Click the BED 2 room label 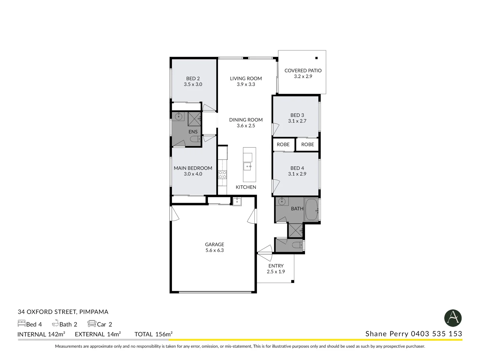coord(193,79)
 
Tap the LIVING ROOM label coord(246,78)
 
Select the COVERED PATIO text coord(303,70)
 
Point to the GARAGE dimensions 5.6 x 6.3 coord(214,250)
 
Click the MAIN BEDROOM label coord(193,168)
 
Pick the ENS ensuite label coord(193,132)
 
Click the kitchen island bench coord(249,164)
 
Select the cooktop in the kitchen coord(222,175)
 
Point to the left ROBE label coord(283,144)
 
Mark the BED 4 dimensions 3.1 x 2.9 coord(297,174)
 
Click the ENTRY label coord(276,266)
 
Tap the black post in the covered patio coord(316,58)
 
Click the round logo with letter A coord(453,318)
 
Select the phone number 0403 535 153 coord(436,334)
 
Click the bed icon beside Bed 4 coord(21,323)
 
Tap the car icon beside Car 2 coord(92,324)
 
